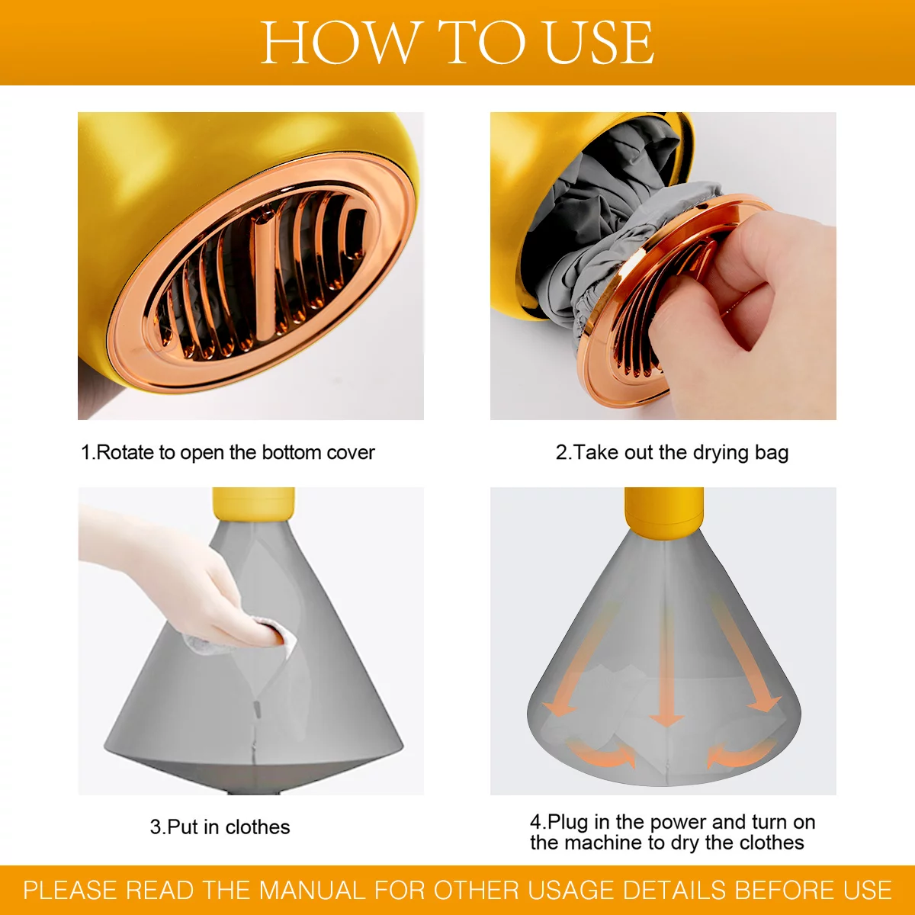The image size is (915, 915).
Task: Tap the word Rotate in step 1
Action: tap(126, 452)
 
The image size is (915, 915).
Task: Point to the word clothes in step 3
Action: tap(258, 827)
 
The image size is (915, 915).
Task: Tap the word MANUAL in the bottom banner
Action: tap(313, 890)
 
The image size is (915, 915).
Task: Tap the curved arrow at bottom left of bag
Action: tap(602, 755)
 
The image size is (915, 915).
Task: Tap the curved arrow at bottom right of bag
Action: tap(740, 755)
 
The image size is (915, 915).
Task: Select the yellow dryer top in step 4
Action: tap(664, 509)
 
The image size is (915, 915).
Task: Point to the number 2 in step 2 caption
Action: tap(560, 452)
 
